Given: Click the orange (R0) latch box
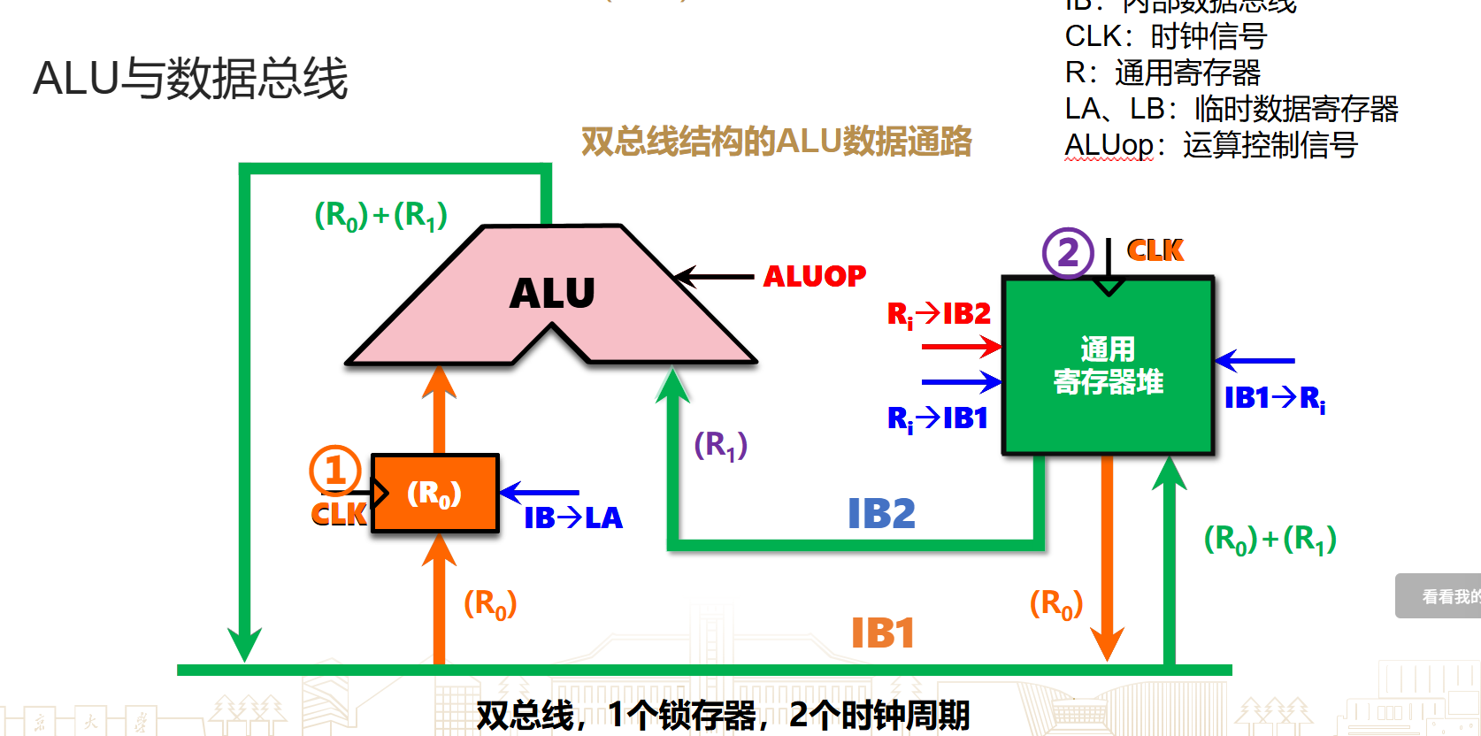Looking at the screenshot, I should tap(435, 494).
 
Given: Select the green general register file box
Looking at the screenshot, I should tap(1108, 366).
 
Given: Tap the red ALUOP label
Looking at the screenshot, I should tap(815, 276).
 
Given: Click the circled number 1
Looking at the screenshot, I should tap(334, 470).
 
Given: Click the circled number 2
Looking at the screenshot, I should tap(1068, 253).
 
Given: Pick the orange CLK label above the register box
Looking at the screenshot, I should tap(1155, 250).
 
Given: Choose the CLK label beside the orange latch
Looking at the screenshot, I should tap(339, 514).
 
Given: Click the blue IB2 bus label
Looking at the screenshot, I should tap(881, 513).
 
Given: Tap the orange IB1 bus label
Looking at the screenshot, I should tap(882, 633).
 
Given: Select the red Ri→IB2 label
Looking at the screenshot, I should tap(939, 314).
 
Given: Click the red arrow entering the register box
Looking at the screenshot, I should tap(961, 347).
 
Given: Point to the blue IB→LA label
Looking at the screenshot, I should tap(573, 517).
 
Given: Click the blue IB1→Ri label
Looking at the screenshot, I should tap(1274, 398).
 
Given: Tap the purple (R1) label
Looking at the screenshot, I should tap(720, 445).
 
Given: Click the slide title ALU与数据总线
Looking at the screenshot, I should tap(190, 78).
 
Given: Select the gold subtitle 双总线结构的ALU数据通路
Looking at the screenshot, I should tap(776, 142).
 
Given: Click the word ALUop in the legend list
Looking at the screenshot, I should tap(1109, 145).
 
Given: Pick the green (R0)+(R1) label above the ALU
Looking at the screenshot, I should tap(380, 215).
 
